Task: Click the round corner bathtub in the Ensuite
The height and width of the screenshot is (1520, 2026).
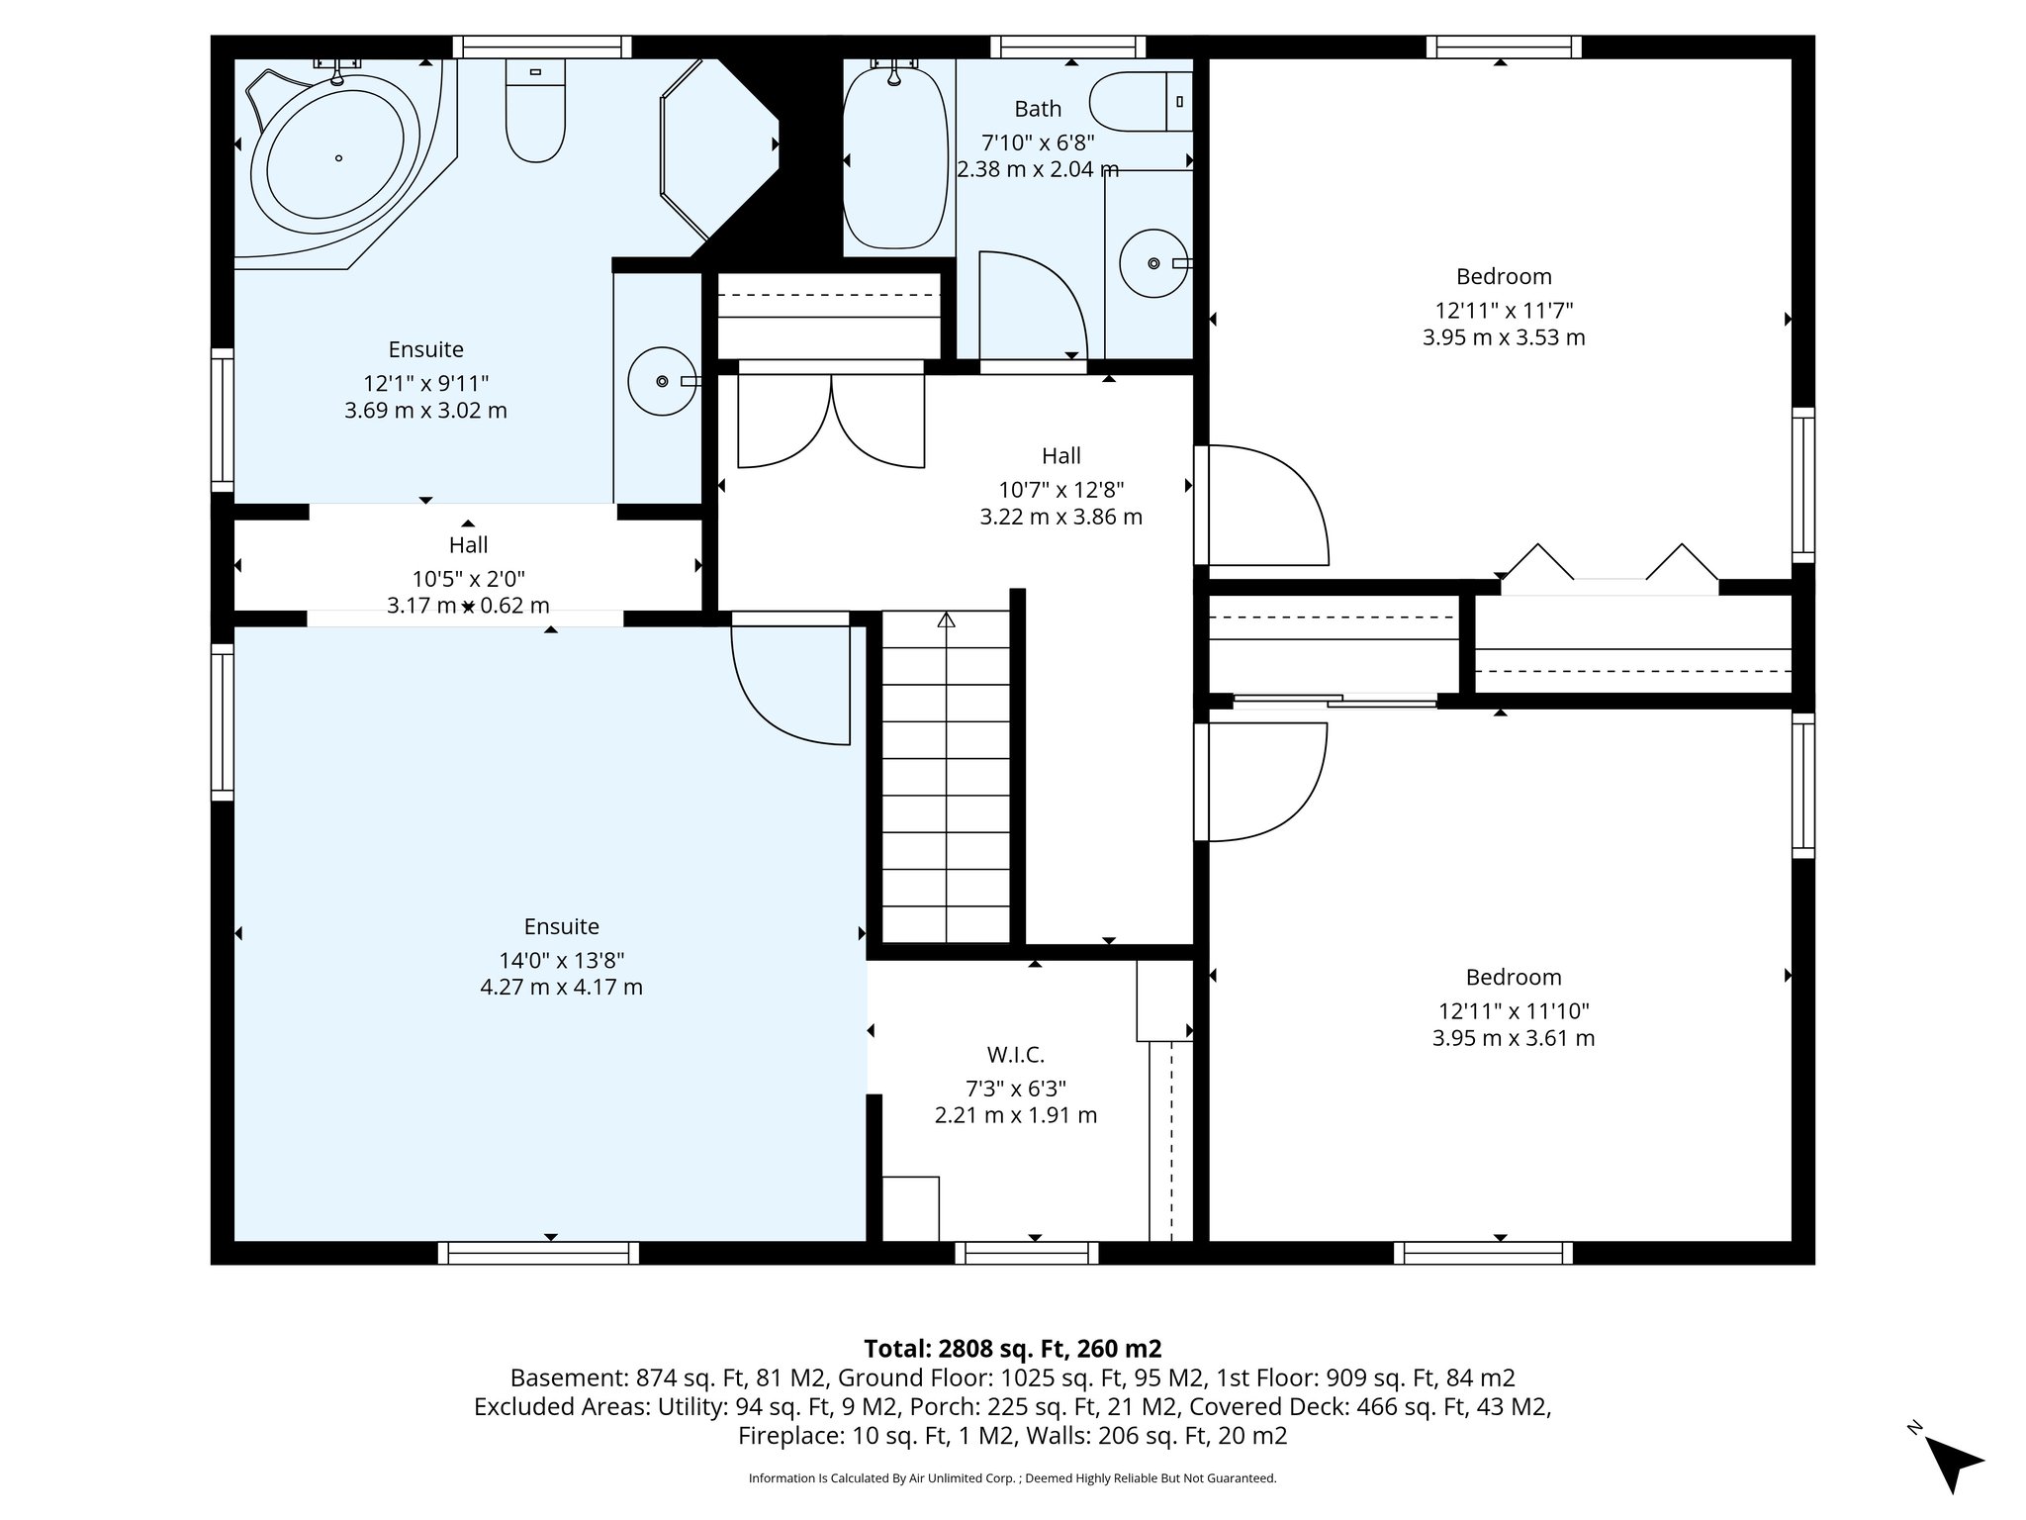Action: tap(336, 158)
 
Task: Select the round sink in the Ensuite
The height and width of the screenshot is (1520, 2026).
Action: tap(662, 381)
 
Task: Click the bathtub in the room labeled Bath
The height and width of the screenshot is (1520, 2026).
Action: tap(894, 158)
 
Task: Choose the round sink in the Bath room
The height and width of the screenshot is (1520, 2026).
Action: tap(1153, 263)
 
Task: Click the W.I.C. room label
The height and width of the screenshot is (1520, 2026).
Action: tap(1015, 1055)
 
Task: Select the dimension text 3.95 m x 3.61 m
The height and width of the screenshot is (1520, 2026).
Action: tap(1514, 1038)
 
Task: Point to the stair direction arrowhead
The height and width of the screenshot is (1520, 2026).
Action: tap(946, 620)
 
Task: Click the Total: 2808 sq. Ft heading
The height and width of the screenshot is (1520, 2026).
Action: tap(1012, 1349)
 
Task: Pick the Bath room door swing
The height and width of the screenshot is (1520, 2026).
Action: tap(1031, 307)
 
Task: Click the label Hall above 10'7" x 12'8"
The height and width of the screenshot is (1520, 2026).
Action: tap(1060, 456)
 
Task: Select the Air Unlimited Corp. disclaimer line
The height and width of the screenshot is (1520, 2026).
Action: tap(1012, 1478)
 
